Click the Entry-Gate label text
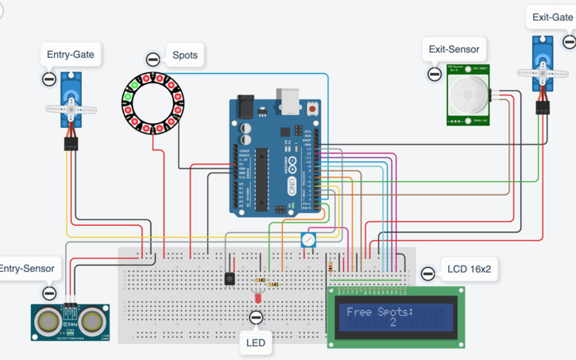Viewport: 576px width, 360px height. coord(69,55)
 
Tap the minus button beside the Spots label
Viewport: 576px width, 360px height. coord(153,60)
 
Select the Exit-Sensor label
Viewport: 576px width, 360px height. coord(454,49)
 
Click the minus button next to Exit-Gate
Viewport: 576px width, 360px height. coord(569,41)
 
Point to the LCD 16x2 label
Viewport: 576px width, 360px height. coord(469,269)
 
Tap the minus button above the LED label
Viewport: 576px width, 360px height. coord(255,318)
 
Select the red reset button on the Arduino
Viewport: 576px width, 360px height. coord(313,107)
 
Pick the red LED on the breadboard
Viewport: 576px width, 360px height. coord(257,297)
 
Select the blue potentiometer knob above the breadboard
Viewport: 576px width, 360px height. coord(308,239)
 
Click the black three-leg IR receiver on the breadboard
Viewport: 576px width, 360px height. coord(230,279)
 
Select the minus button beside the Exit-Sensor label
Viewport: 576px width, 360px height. coord(434,74)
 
